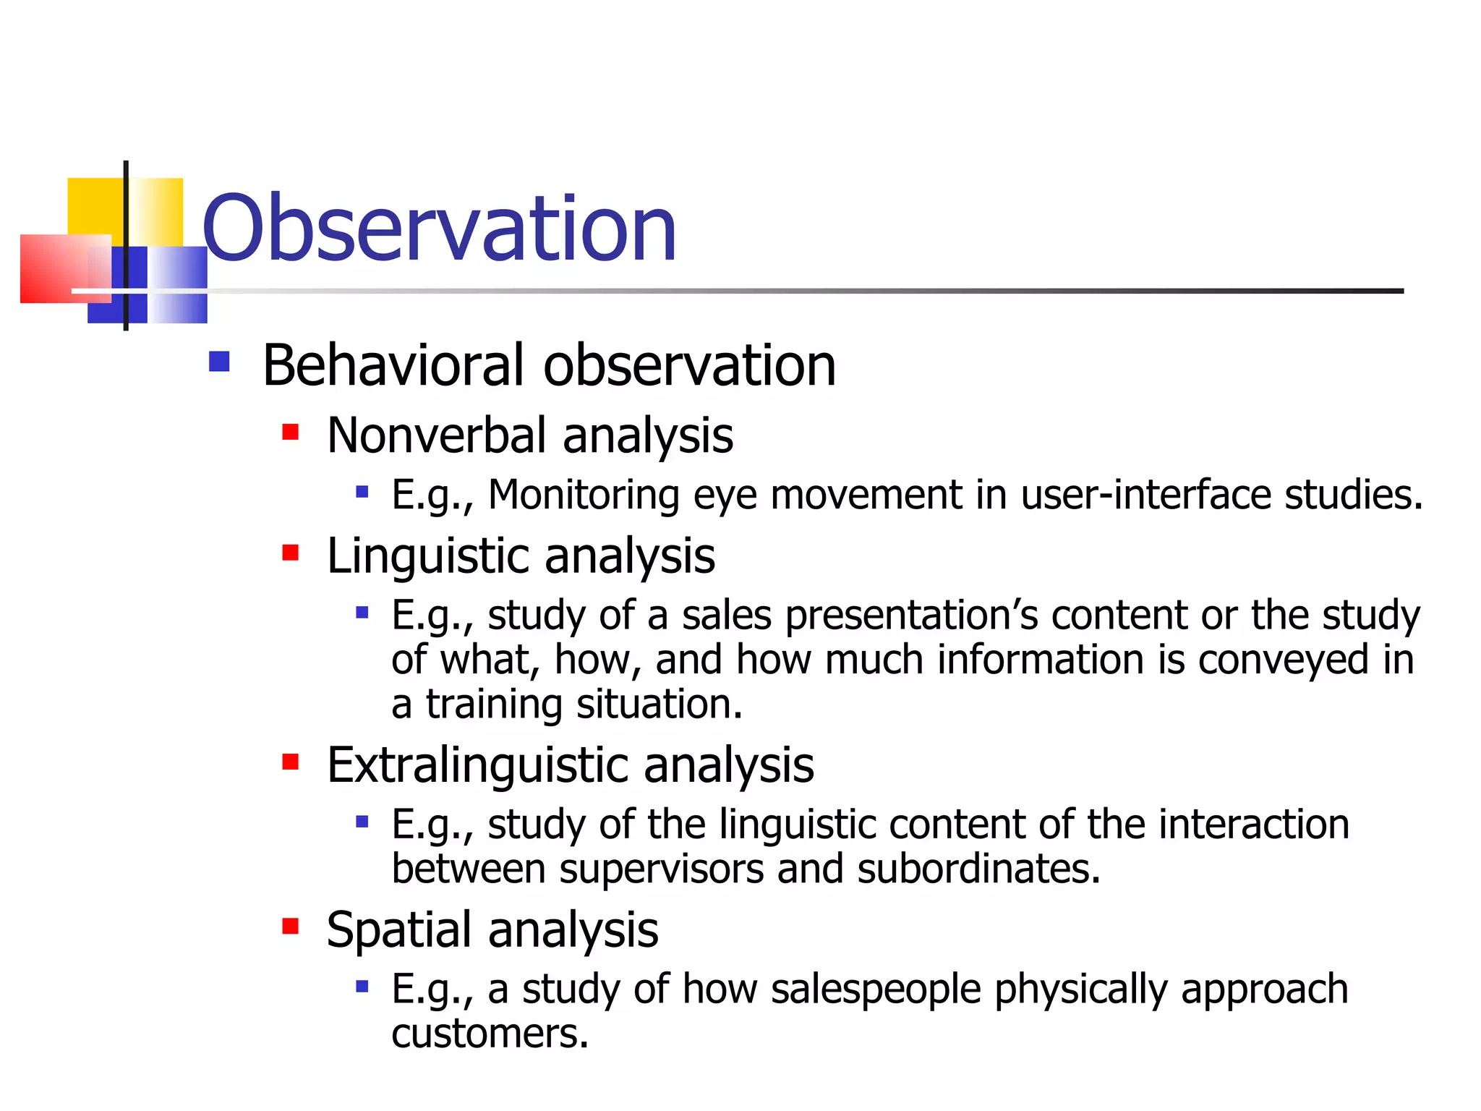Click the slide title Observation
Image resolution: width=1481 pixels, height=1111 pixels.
[x=439, y=229]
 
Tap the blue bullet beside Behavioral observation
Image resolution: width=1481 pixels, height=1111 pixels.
[x=219, y=361]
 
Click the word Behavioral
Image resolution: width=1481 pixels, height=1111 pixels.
[x=393, y=365]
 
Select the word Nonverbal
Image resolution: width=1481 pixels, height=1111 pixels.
[x=436, y=436]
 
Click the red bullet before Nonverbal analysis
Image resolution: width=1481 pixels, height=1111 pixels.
[x=291, y=433]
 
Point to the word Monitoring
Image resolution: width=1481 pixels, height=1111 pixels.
[x=584, y=495]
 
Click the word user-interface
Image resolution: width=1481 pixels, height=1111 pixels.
[x=1145, y=495]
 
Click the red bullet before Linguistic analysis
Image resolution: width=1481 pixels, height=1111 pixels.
[x=291, y=553]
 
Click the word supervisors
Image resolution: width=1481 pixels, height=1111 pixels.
[x=661, y=869]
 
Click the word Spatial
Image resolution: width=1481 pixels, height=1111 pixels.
[x=400, y=930]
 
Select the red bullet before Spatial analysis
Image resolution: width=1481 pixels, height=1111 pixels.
[x=291, y=927]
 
